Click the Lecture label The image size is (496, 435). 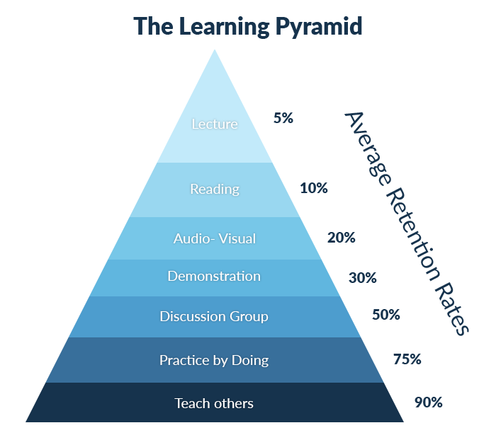215,124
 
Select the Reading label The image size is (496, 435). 215,189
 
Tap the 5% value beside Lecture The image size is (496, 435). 283,118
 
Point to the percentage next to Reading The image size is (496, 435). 314,188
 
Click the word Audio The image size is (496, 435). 192,238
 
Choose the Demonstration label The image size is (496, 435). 214,276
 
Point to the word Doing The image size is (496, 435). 251,360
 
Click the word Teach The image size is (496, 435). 191,404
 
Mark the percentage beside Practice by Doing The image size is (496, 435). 408,360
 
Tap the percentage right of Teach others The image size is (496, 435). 428,402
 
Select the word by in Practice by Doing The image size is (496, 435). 222,361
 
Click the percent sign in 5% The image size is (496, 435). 287,118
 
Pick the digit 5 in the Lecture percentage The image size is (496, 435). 277,118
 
